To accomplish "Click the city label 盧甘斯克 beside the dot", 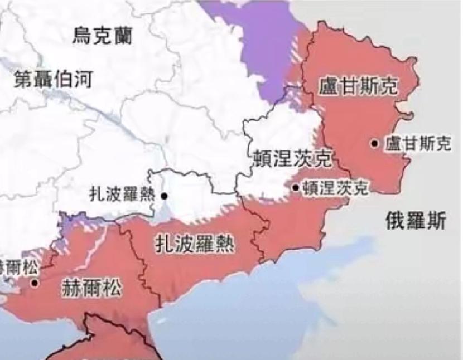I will tap(417, 144).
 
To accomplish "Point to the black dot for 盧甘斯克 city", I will tap(375, 143).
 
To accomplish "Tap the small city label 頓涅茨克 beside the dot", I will tap(335, 188).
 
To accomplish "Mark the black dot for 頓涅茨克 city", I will tap(296, 188).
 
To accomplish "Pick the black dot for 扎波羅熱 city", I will tap(164, 196).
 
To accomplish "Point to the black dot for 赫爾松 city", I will tap(35, 283).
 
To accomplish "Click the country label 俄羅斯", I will tap(416, 221).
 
